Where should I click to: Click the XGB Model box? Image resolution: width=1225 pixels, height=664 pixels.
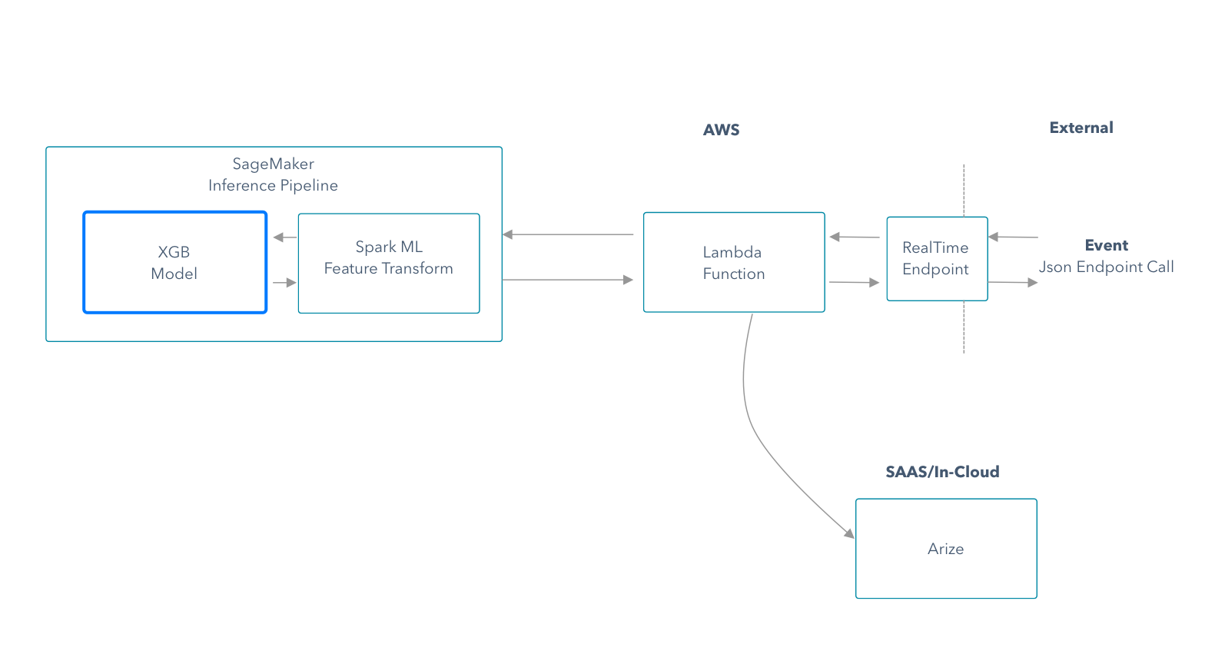(175, 263)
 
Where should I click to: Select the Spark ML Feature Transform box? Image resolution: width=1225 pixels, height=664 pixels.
(389, 263)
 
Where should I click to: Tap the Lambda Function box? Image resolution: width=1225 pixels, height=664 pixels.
(734, 263)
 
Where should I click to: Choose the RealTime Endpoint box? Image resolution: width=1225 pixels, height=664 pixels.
(938, 259)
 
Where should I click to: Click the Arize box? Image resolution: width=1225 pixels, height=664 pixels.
(946, 549)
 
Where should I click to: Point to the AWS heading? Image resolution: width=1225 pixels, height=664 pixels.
(722, 130)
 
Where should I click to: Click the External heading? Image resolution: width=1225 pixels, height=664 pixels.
(1081, 128)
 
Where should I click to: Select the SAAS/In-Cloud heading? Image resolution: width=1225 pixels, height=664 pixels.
(942, 471)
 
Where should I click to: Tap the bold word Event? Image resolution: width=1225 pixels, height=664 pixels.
(1107, 245)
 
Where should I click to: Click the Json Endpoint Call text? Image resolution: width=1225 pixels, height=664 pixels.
(1107, 267)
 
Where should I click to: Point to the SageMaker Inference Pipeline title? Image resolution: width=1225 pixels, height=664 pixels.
(273, 174)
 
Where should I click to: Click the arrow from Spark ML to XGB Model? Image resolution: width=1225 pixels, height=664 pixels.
(284, 237)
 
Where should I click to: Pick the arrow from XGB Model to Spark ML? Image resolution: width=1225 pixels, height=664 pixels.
(284, 283)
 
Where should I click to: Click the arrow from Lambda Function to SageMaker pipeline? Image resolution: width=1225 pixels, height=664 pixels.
(568, 234)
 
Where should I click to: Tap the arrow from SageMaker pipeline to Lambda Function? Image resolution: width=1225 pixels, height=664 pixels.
(568, 280)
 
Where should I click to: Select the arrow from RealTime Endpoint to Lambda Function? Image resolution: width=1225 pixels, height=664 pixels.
(855, 237)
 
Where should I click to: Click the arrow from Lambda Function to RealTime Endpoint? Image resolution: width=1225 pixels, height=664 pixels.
(855, 282)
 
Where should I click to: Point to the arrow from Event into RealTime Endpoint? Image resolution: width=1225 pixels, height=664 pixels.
(1014, 237)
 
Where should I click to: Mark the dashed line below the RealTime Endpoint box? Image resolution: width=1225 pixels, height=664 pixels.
(964, 327)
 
